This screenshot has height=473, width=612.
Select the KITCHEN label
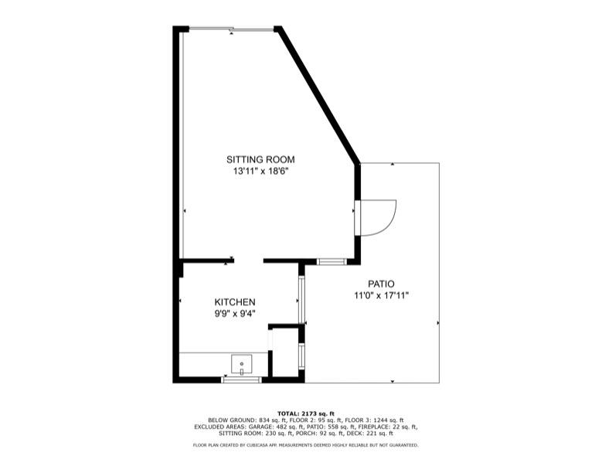(x=235, y=301)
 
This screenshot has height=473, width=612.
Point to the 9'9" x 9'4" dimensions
(x=235, y=313)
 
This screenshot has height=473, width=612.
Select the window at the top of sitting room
(x=231, y=29)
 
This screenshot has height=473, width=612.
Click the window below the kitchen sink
(x=242, y=379)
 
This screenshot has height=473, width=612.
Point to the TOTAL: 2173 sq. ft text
(x=306, y=413)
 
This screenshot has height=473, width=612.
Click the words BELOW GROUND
(x=228, y=420)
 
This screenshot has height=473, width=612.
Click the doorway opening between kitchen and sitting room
(x=248, y=260)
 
